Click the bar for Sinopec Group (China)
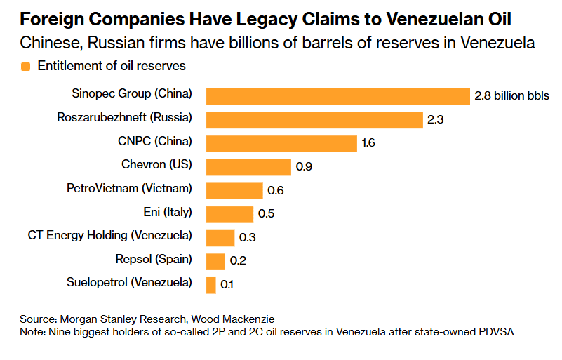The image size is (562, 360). pyautogui.click(x=337, y=96)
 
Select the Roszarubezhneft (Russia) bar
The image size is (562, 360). pyautogui.click(x=314, y=119)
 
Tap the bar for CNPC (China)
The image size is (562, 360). pyautogui.click(x=281, y=143)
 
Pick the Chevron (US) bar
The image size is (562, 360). pyautogui.click(x=248, y=167)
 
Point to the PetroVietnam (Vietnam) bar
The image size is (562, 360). pyautogui.click(x=234, y=190)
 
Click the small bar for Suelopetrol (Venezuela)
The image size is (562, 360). pyautogui.click(x=211, y=285)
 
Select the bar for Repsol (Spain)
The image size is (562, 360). pyautogui.click(x=215, y=261)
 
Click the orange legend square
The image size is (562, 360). pyautogui.click(x=26, y=67)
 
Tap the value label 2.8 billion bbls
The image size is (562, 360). pyautogui.click(x=512, y=96)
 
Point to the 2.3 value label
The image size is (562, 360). pyautogui.click(x=436, y=120)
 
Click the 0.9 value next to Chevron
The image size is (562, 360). pyautogui.click(x=305, y=167)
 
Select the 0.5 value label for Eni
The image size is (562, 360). pyautogui.click(x=267, y=214)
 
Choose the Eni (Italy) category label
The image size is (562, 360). pyautogui.click(x=167, y=212)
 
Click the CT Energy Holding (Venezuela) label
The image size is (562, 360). pyautogui.click(x=110, y=236)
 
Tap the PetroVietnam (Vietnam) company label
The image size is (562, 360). pyautogui.click(x=129, y=188)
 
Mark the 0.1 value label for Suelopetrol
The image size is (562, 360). pyautogui.click(x=227, y=285)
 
